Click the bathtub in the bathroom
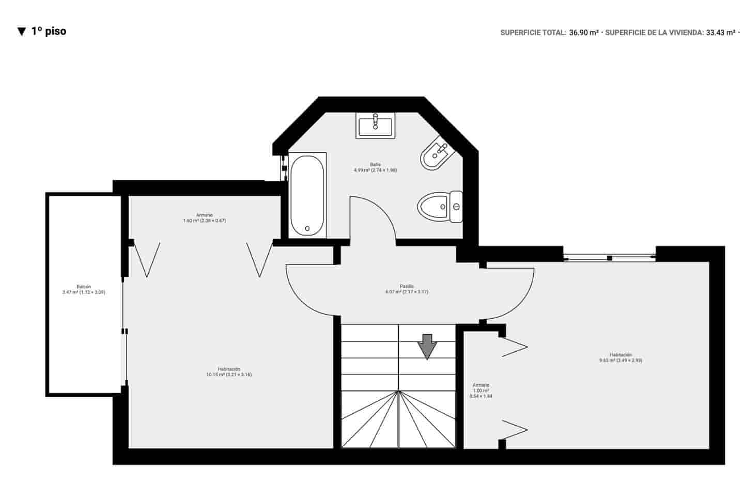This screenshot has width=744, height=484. tap(307, 195)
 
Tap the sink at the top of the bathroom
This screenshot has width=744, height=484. tap(376, 126)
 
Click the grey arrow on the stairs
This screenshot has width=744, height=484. tap(427, 346)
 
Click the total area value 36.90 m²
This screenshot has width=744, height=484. tap(584, 33)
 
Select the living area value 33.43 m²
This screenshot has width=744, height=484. tap(720, 33)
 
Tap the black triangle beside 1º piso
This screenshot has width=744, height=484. tap(21, 32)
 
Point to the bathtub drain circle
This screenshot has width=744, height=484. tap(307, 228)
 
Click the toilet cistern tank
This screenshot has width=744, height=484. tap(456, 207)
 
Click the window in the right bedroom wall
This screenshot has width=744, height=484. tap(610, 257)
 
